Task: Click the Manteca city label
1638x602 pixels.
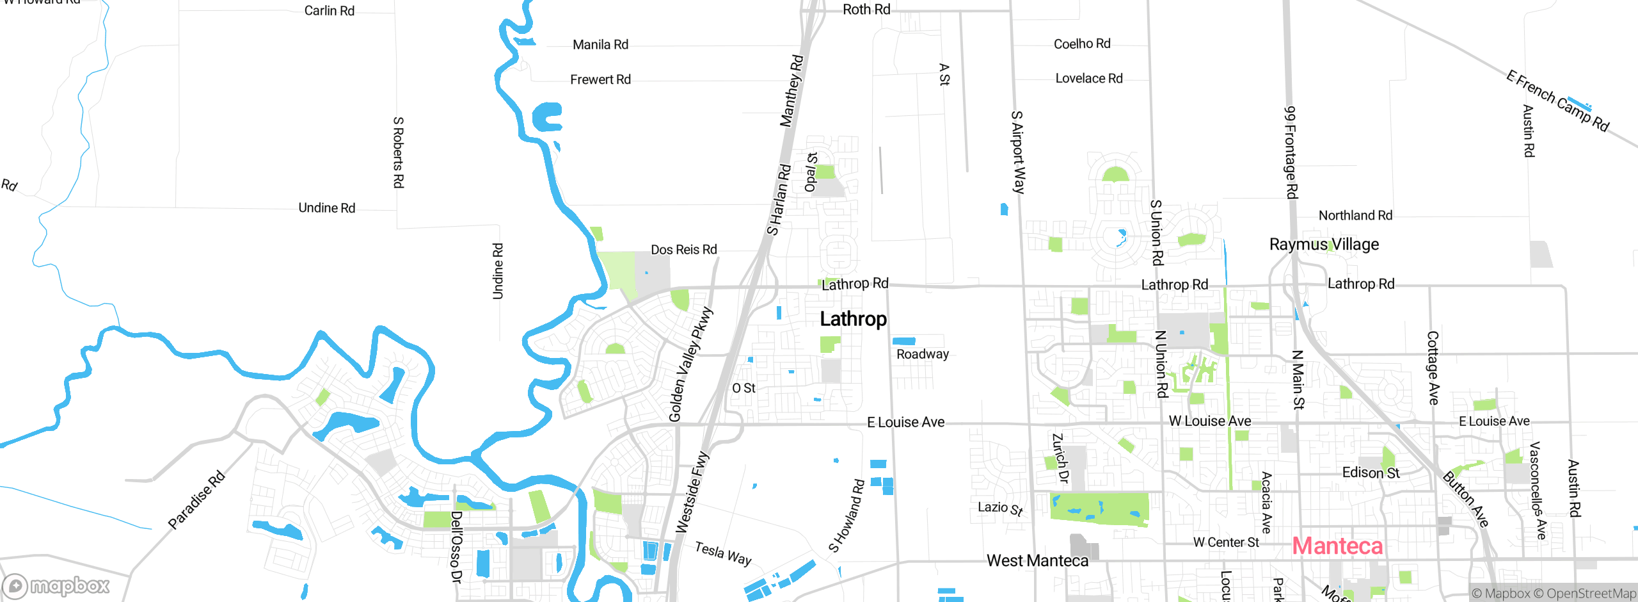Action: (1337, 546)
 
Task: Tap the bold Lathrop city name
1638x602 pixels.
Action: (853, 319)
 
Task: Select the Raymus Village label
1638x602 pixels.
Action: (1324, 245)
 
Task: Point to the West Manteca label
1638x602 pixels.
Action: (1037, 561)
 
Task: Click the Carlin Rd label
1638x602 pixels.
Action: (329, 11)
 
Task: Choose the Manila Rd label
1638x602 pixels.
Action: (600, 45)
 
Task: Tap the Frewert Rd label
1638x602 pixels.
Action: (600, 80)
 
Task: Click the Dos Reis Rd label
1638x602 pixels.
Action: (683, 250)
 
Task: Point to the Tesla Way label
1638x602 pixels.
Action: (723, 553)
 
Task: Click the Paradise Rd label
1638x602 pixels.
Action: (196, 500)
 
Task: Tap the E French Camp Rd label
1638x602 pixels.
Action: (1557, 101)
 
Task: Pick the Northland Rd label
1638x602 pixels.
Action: (1355, 216)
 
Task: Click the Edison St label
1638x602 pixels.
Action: (1371, 473)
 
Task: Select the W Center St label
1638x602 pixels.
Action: (1226, 542)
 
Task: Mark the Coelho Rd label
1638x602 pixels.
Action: (1082, 44)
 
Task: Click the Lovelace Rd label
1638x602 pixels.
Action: (1088, 79)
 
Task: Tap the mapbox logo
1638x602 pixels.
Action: (56, 585)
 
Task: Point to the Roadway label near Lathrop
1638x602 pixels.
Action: (922, 354)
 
